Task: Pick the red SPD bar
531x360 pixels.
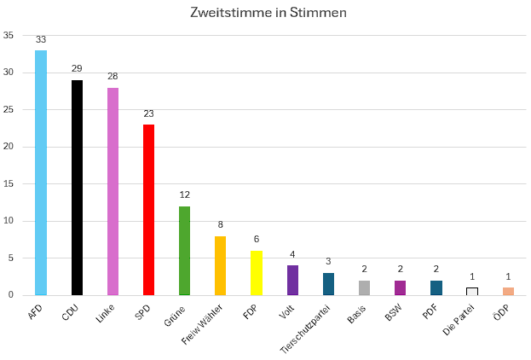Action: tap(148, 210)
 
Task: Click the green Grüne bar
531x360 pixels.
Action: tap(184, 251)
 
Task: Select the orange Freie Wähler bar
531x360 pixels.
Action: tap(220, 265)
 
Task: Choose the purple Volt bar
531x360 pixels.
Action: tap(292, 280)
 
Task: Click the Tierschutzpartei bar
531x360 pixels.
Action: tap(328, 284)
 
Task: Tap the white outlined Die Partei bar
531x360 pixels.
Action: tap(472, 291)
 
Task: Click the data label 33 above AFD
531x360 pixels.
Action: tap(41, 39)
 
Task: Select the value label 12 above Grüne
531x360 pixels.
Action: tap(184, 195)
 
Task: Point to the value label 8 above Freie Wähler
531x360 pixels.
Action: tap(220, 224)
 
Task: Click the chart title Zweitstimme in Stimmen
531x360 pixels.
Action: tap(268, 14)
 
